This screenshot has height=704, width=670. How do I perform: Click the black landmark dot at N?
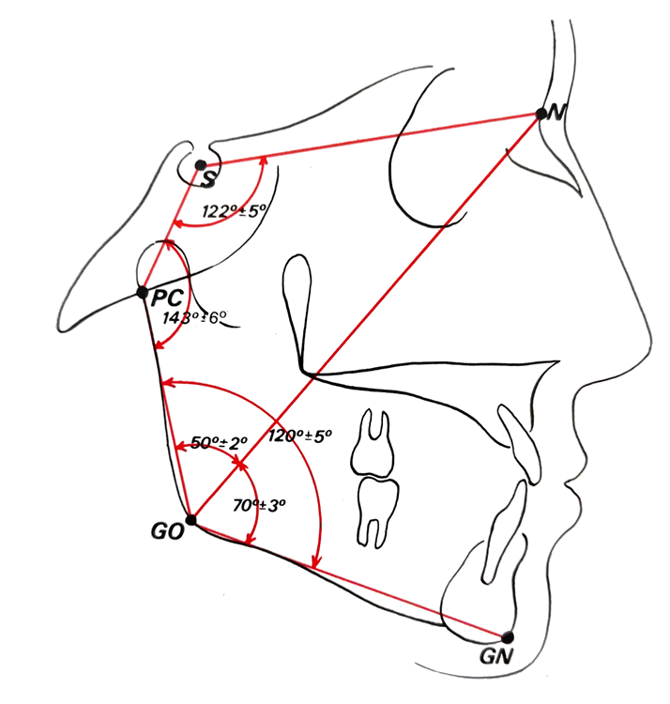coord(541,114)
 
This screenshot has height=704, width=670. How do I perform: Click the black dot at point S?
coord(201,165)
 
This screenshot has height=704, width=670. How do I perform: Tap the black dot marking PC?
coord(143,293)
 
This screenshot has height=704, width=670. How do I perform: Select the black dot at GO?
coord(191,520)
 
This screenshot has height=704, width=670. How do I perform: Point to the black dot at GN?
coord(508,636)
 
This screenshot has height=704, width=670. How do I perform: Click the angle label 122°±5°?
coord(234,211)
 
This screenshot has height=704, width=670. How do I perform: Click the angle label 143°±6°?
coord(194,318)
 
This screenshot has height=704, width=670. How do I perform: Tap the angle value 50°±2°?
coord(219,443)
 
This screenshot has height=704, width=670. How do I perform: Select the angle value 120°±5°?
coord(299,436)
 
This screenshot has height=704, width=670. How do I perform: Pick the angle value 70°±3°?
coord(259,506)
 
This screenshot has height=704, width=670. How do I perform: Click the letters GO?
coord(167,532)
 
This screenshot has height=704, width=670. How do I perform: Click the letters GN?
coord(495,657)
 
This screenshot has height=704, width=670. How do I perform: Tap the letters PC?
coord(167,298)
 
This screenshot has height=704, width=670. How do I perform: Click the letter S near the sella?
coord(208,179)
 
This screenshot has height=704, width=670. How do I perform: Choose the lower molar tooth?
coord(378,512)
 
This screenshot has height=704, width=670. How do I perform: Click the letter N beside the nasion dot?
coord(556,114)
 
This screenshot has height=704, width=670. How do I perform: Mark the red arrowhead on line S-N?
coord(264,160)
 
